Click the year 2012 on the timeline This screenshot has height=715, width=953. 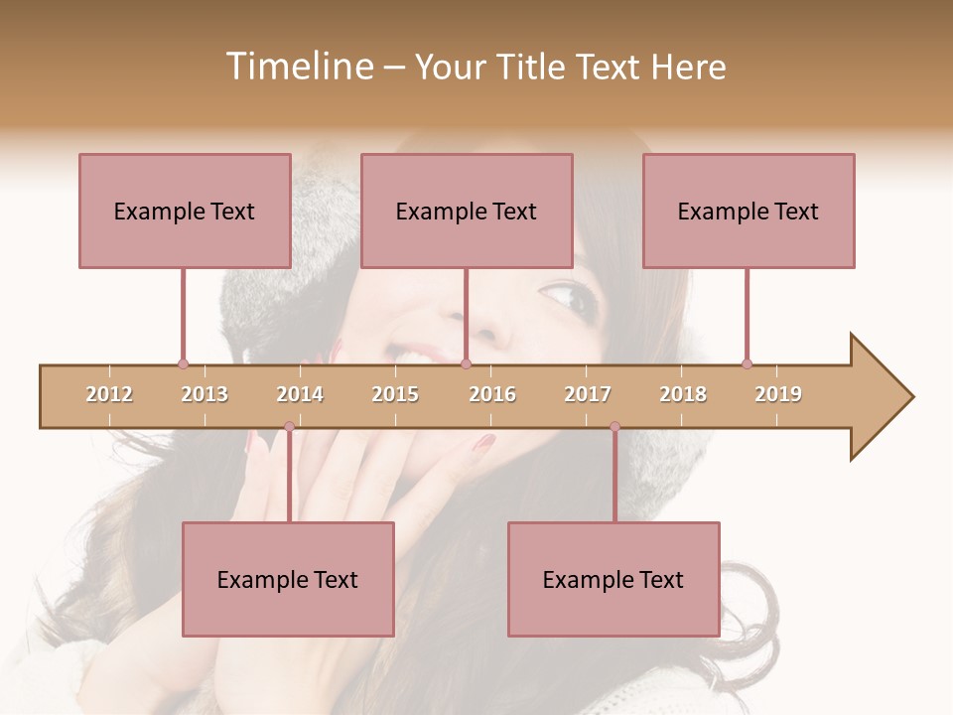pyautogui.click(x=109, y=394)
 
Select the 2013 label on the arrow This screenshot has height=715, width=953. pyautogui.click(x=204, y=394)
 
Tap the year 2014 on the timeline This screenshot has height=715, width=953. pyautogui.click(x=300, y=394)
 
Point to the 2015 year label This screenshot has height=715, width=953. pyautogui.click(x=395, y=394)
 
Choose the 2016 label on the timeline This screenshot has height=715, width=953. pyautogui.click(x=492, y=394)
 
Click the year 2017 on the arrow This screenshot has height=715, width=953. pyautogui.click(x=588, y=394)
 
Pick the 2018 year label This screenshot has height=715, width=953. pyautogui.click(x=683, y=394)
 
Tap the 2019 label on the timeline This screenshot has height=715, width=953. pyautogui.click(x=778, y=394)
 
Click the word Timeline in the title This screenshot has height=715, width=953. pyautogui.click(x=297, y=67)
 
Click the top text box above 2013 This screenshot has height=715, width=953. pyautogui.click(x=185, y=211)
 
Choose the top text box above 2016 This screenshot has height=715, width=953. pyautogui.click(x=467, y=211)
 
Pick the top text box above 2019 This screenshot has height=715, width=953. pyautogui.click(x=749, y=211)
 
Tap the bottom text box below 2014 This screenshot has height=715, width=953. pyautogui.click(x=288, y=579)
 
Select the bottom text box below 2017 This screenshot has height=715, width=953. pyautogui.click(x=613, y=579)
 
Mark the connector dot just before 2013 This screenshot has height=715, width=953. pyautogui.click(x=183, y=363)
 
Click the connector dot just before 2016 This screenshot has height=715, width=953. pyautogui.click(x=466, y=363)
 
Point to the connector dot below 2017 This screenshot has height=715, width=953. pyautogui.click(x=614, y=427)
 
